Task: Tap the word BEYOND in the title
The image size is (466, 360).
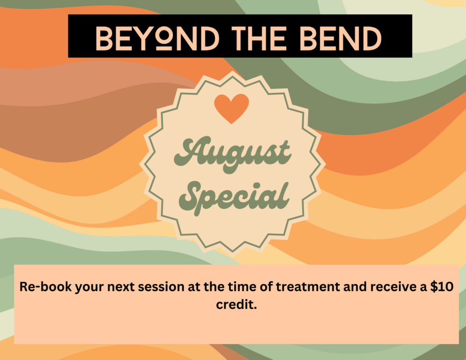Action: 157,38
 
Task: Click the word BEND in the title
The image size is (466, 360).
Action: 340,38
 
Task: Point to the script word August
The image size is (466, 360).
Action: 232,154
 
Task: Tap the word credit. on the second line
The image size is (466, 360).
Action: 236,304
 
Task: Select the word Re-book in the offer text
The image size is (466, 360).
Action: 46,287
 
